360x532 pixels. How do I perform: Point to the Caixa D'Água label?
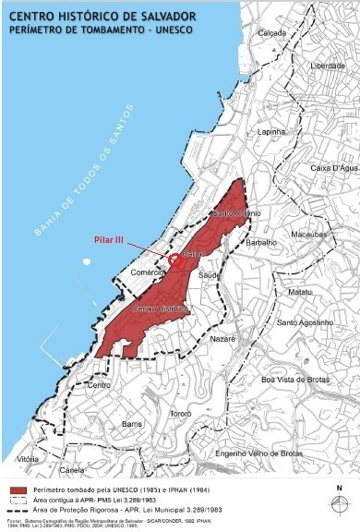pyautogui.click(x=332, y=168)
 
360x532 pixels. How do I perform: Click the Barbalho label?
pyautogui.click(x=261, y=243)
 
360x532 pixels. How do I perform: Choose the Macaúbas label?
pyautogui.click(x=308, y=236)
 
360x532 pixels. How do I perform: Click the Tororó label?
pyautogui.click(x=180, y=413)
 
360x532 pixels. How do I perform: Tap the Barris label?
pyautogui.click(x=131, y=422)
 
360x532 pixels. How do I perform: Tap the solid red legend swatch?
pyautogui.click(x=18, y=490)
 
